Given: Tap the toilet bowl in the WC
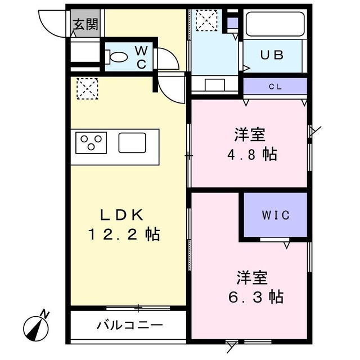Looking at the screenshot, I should click(118, 57).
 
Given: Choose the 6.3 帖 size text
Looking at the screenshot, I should click(259, 296).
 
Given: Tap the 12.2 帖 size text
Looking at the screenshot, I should click(124, 234).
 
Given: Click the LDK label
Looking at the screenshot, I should click(123, 214).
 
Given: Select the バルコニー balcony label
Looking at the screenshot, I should click(130, 325).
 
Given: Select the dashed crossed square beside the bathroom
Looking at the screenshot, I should click(205, 21).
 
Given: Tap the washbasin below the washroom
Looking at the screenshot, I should click(216, 85).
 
